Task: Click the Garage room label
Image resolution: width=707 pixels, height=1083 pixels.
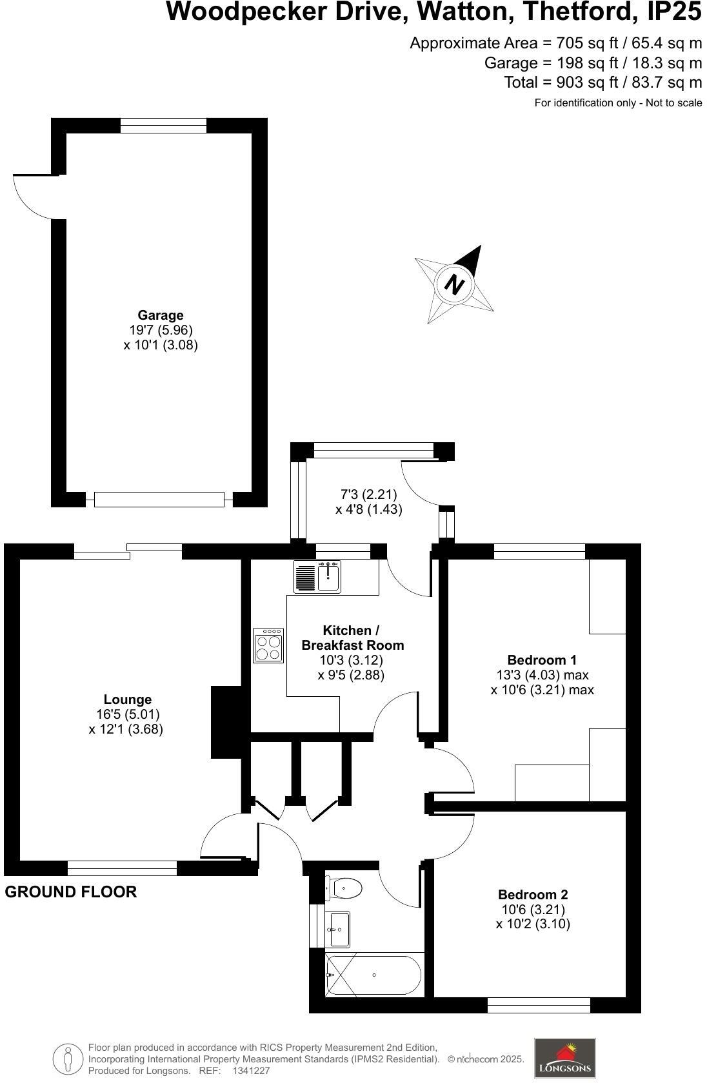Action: click(161, 315)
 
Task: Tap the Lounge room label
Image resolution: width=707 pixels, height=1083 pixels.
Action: click(128, 699)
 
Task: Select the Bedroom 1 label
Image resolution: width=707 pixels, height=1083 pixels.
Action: click(542, 659)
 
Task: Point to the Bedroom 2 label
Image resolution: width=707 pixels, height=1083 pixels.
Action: click(533, 894)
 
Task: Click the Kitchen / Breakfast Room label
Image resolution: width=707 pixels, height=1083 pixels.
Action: click(353, 638)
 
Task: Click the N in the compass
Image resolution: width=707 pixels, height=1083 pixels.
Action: click(455, 284)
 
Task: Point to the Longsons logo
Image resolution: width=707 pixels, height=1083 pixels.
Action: click(564, 1058)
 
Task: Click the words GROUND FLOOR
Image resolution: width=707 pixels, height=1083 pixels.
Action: click(71, 892)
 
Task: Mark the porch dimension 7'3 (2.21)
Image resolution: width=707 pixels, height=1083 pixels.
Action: click(368, 494)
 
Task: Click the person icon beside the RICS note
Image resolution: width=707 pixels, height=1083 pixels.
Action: click(68, 1059)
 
